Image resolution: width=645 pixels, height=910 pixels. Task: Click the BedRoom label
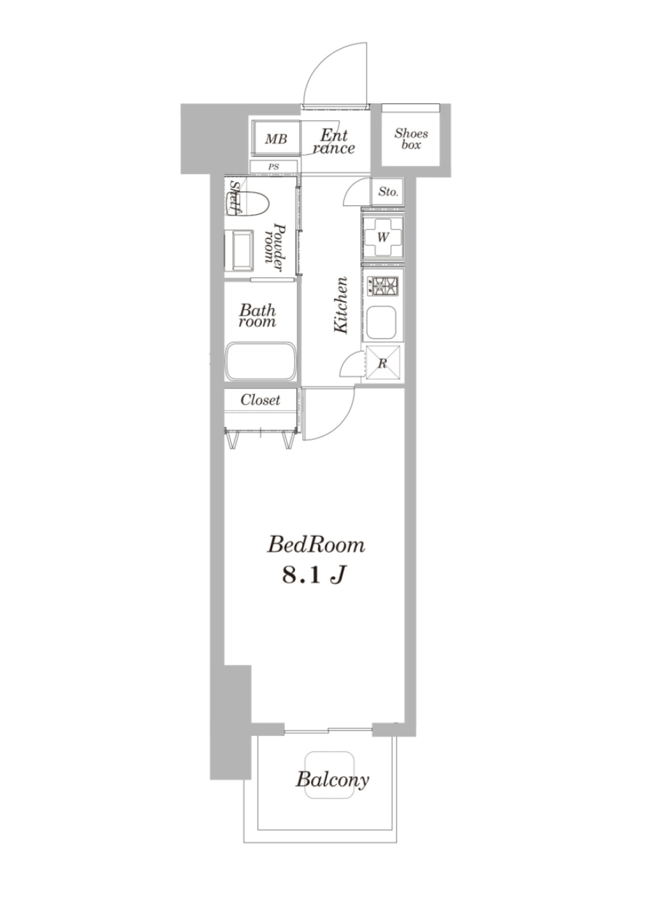pos(316,545)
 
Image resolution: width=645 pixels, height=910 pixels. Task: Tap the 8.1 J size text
pos(313,576)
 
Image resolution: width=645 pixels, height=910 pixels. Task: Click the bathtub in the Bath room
pos(261,361)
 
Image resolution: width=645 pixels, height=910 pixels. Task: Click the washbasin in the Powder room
pos(239,251)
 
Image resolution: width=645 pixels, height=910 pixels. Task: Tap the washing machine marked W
pos(382,237)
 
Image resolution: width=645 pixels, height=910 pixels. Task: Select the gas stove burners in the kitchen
pos(383,285)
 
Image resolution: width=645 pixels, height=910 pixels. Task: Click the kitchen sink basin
pos(382,324)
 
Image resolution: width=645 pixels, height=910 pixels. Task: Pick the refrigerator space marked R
pos(383,363)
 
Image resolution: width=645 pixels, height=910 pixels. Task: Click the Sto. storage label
pos(388,191)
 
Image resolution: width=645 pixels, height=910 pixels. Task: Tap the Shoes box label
pos(411,139)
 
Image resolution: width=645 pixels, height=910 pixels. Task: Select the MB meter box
pos(276,138)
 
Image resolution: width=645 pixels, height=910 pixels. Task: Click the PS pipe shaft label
pos(273,167)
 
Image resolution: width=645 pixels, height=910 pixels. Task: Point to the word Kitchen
pos(341,306)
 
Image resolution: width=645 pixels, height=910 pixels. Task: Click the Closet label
pos(260,400)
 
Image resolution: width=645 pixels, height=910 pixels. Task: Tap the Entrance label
pos(333,142)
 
